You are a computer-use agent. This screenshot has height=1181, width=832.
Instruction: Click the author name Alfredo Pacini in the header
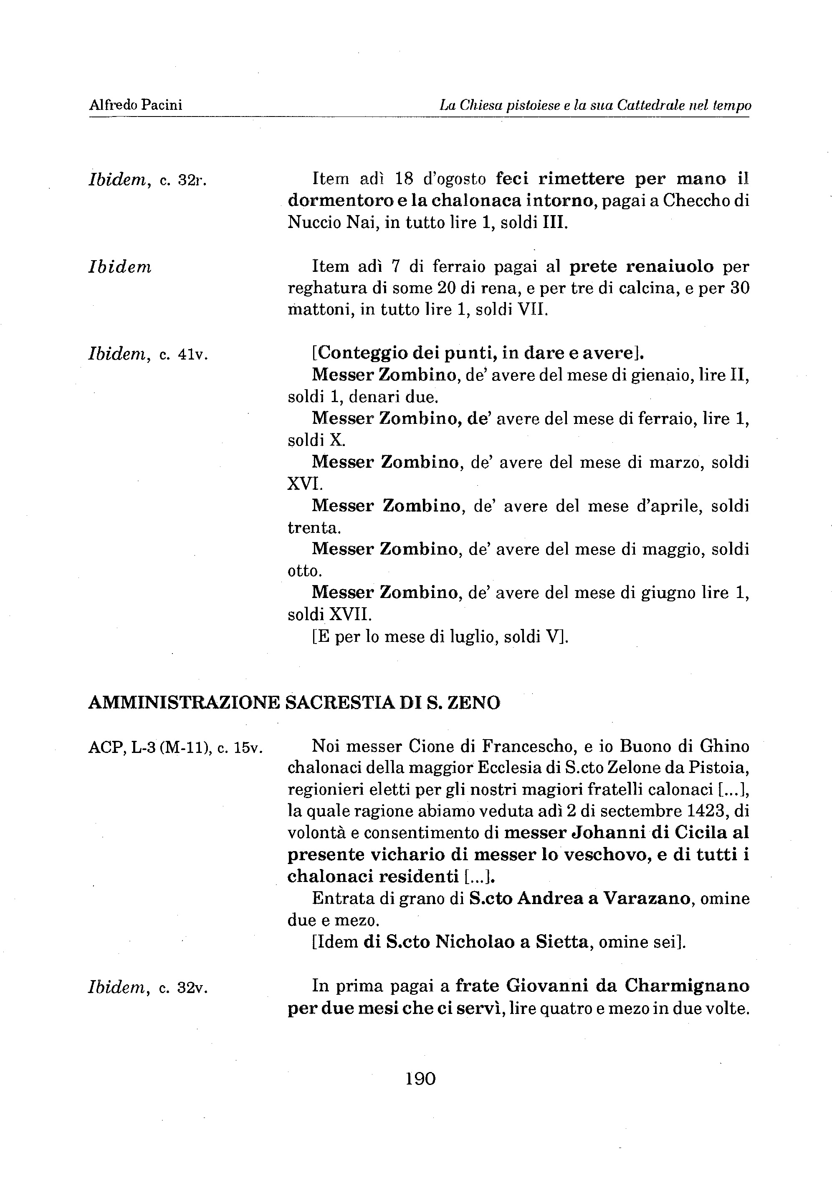[136, 105]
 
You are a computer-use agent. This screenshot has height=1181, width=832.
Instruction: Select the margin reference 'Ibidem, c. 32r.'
[148, 180]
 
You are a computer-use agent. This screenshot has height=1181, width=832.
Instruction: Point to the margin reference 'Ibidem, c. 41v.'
[148, 355]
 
